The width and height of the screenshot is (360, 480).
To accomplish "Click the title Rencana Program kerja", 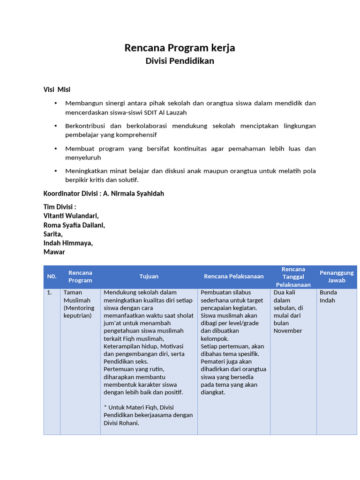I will coord(180,48).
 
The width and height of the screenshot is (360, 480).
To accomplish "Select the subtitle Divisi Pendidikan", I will coord(180,61).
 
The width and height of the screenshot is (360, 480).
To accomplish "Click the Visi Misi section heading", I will coord(57,90).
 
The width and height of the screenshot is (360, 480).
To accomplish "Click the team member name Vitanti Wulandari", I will coord(71,216).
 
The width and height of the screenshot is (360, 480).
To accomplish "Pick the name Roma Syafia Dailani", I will coord(74,225).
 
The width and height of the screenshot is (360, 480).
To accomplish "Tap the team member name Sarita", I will coord(53,234).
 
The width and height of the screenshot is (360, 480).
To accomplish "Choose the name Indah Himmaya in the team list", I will coord(68,243).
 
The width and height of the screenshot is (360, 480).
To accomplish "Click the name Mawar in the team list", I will coord(54,252).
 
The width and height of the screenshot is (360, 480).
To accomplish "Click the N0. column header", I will coord(52,277).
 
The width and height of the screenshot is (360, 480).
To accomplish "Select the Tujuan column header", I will coord(149,277).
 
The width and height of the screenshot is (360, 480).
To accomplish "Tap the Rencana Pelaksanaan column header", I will coord(233,277).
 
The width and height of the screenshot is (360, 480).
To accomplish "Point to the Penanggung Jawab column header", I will coord(337,277).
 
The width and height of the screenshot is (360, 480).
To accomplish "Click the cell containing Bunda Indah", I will coord(328,296).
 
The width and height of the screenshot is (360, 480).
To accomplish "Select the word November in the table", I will coord(288,331).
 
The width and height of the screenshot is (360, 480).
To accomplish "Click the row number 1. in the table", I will coord(49,292).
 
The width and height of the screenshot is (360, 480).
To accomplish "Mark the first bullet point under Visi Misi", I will coord(55,103).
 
